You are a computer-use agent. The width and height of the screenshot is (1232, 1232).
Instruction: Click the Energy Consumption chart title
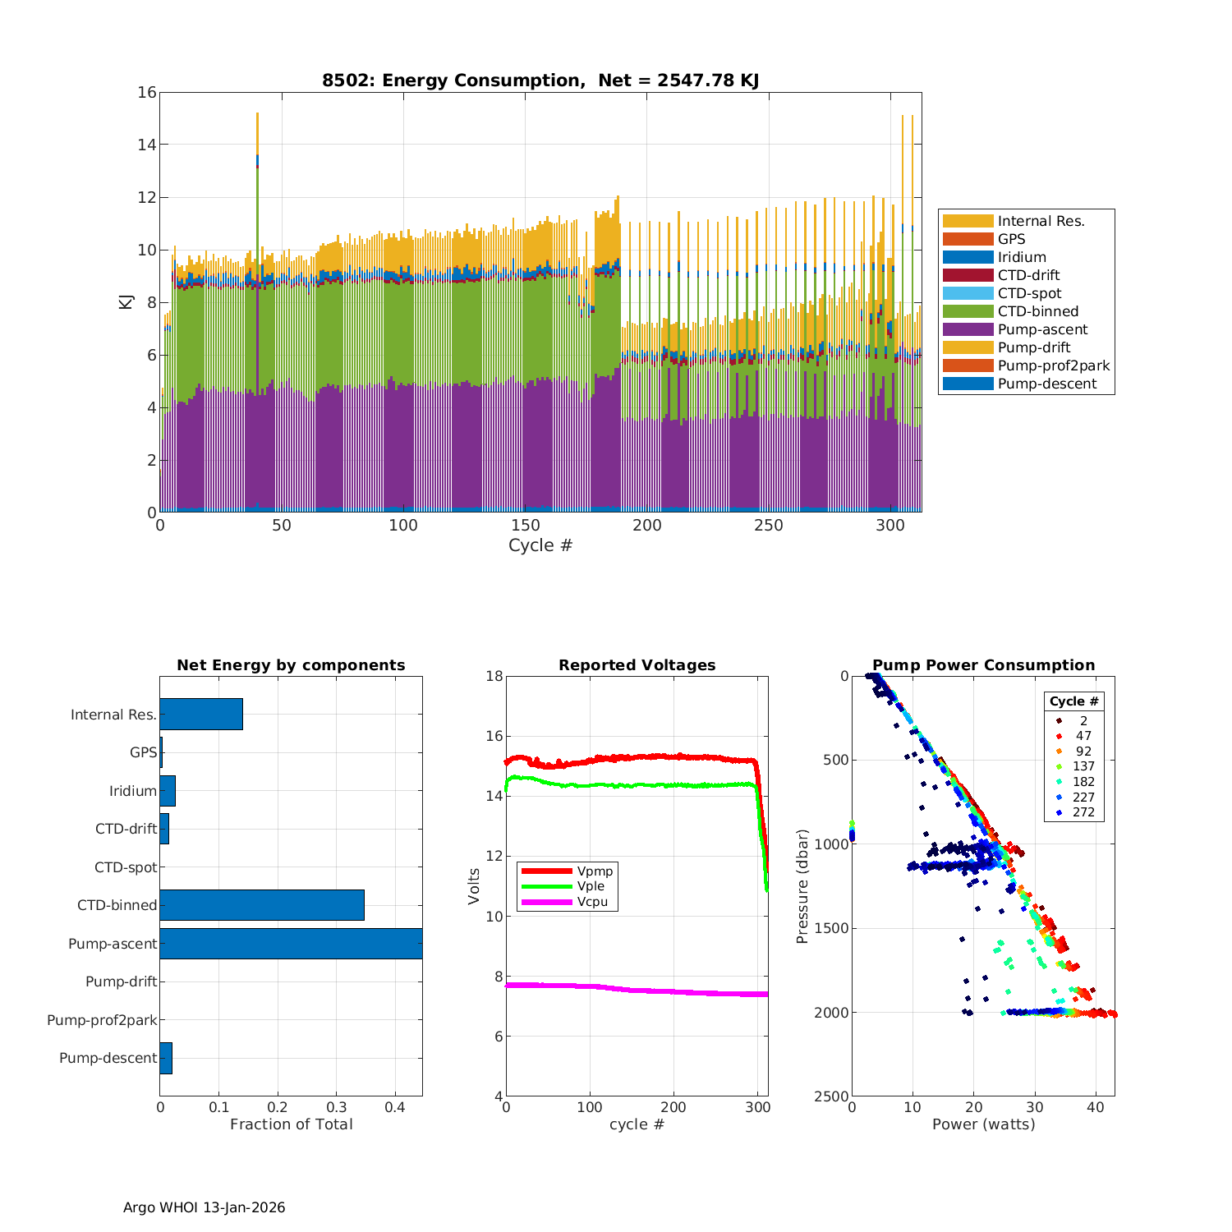[x=540, y=80]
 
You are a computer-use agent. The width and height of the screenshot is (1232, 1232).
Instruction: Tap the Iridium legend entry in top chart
[x=1022, y=257]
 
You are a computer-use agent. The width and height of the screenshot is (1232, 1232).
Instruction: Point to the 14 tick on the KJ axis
[x=147, y=145]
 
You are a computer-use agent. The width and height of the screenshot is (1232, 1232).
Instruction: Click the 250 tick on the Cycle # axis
[x=769, y=526]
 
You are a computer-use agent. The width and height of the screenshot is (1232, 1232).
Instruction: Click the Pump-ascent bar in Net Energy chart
[x=291, y=944]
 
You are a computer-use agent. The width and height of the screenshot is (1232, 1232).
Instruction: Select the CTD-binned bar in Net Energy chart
[x=261, y=905]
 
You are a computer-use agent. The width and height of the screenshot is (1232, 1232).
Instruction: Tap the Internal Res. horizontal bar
[x=201, y=715]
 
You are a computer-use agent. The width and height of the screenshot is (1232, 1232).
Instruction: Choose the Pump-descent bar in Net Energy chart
[x=166, y=1058]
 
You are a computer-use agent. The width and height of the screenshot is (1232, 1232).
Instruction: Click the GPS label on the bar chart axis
[x=143, y=752]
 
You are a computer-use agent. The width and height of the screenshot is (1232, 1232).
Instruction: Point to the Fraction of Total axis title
[x=291, y=1124]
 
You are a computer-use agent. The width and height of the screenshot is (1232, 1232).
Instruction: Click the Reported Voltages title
[x=637, y=665]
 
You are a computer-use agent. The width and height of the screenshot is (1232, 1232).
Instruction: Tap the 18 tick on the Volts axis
[x=494, y=676]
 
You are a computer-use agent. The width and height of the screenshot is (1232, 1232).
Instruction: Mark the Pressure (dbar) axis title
[x=802, y=885]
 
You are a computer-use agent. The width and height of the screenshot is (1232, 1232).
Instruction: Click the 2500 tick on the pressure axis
[x=833, y=1096]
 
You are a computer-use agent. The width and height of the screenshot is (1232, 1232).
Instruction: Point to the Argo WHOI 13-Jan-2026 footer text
[x=204, y=1207]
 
